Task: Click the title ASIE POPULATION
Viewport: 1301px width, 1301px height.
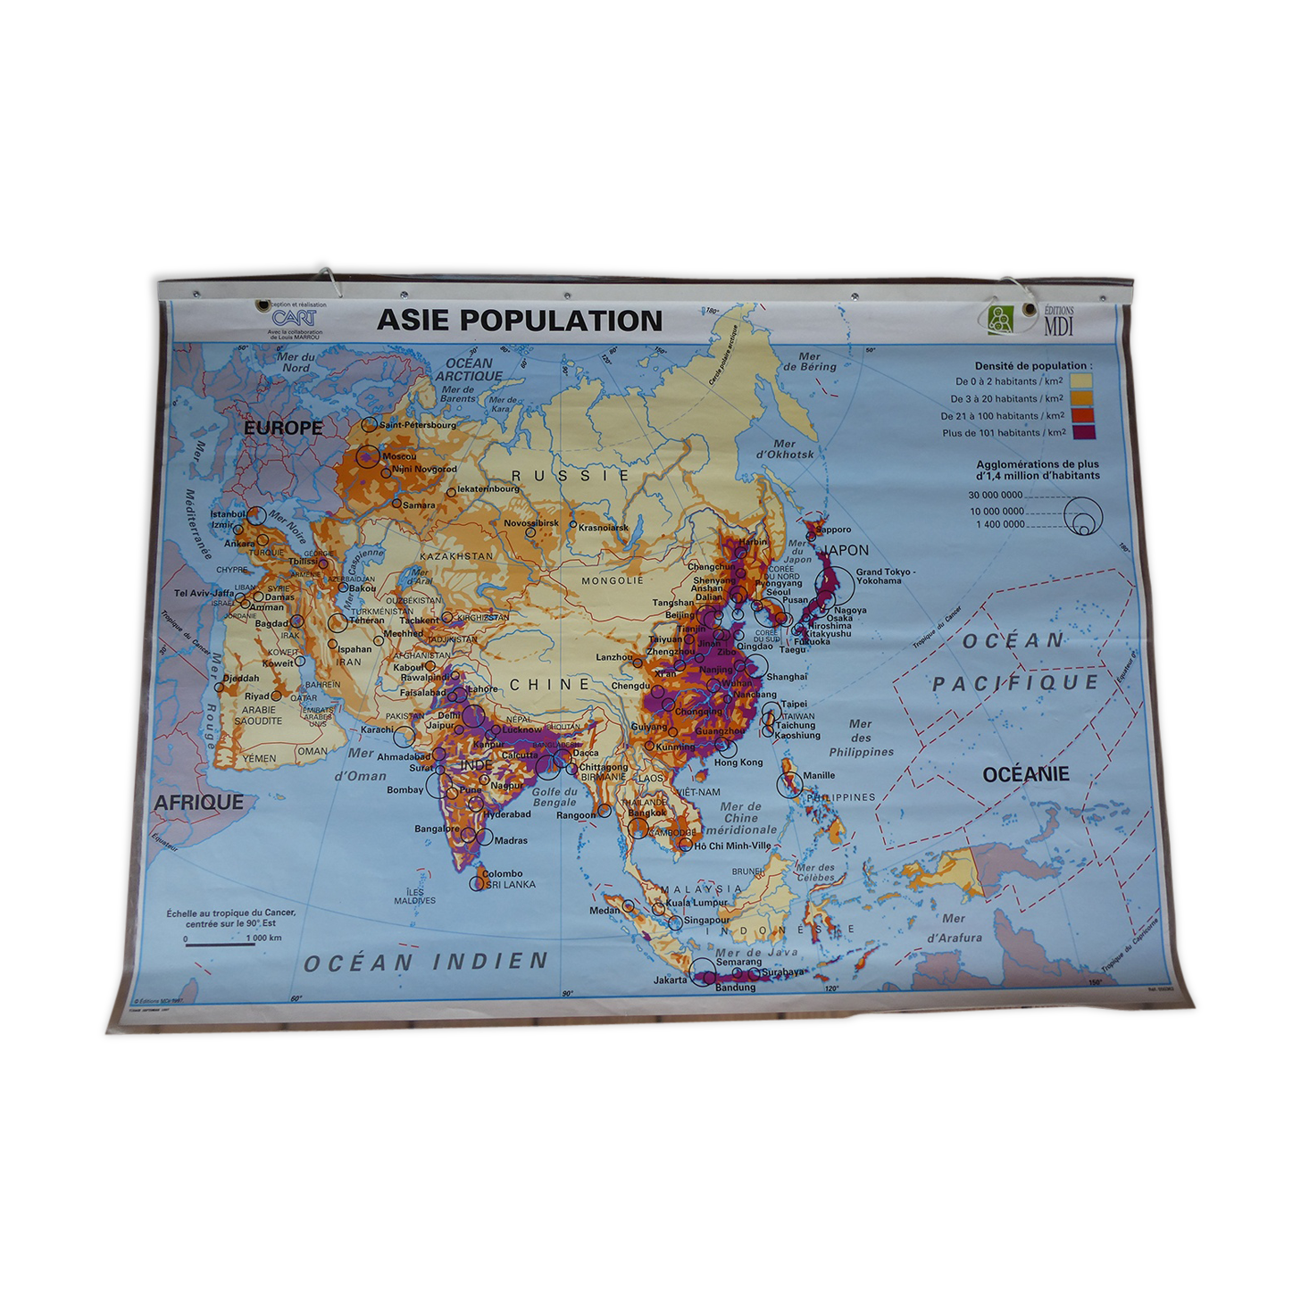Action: (519, 321)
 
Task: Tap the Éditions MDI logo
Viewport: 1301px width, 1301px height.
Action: (1030, 320)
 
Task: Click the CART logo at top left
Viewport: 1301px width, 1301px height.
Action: (293, 318)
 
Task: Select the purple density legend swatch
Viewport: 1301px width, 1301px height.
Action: (1082, 433)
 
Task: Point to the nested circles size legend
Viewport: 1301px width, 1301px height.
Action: (1083, 516)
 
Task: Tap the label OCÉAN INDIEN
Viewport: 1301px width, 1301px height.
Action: (426, 963)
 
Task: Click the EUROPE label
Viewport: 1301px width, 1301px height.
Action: (283, 428)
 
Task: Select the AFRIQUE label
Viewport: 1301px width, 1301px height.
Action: (198, 802)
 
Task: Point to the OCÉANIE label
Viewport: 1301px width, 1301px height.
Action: (1025, 774)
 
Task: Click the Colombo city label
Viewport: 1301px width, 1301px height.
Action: (502, 873)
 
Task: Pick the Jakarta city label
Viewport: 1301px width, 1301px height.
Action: (671, 980)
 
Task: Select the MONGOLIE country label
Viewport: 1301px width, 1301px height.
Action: (613, 580)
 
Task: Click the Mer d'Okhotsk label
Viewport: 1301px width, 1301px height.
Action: (785, 449)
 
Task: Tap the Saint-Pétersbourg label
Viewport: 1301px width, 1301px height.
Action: (418, 425)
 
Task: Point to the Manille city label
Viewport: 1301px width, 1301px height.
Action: (819, 775)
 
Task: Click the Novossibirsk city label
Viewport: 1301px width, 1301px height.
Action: (531, 523)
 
